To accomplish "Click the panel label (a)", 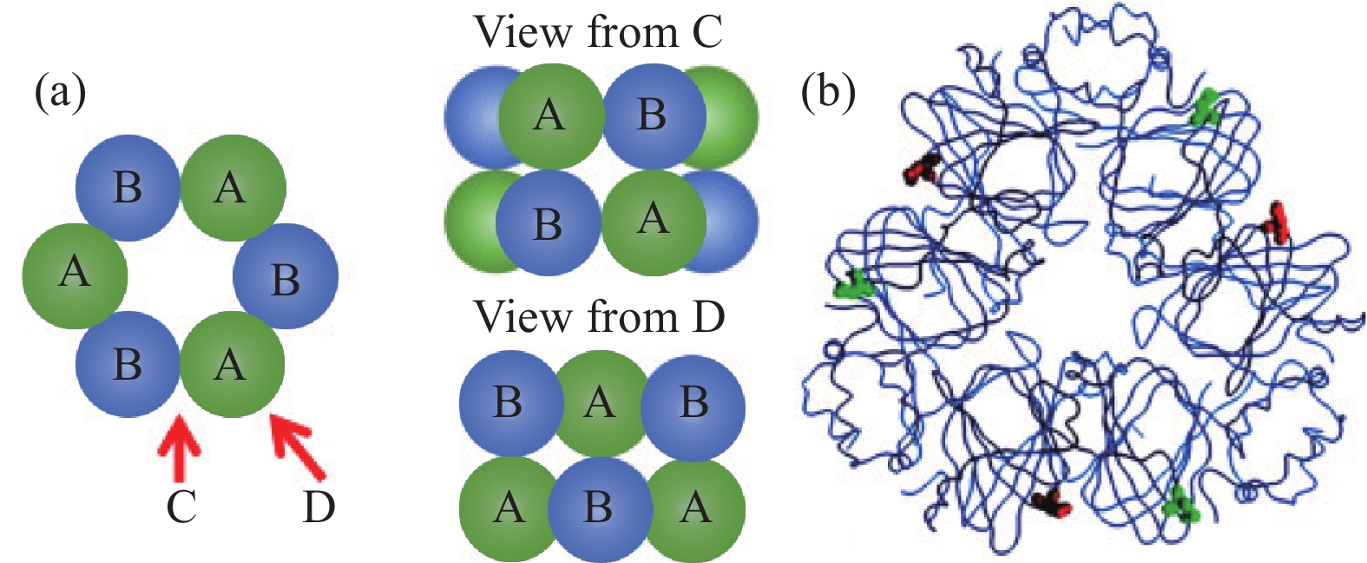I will (60, 93).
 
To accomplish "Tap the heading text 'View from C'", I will (598, 33).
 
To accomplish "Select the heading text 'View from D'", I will (598, 317).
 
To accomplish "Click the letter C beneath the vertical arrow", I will (181, 507).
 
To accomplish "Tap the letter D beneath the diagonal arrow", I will (319, 507).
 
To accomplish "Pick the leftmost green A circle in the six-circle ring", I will (75, 275).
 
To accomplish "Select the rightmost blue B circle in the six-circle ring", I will (286, 277).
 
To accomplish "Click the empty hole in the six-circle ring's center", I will (181, 276).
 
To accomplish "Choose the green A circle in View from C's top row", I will (550, 116).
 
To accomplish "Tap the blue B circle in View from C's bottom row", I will (548, 224).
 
